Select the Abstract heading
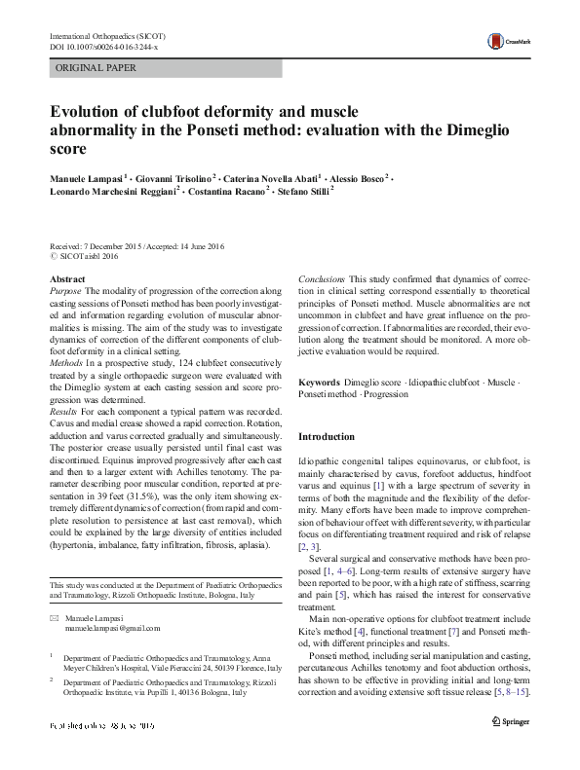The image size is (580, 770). tap(66, 278)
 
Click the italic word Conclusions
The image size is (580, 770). tap(323, 278)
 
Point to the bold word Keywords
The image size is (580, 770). tap(320, 385)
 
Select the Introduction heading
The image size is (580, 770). tap(328, 436)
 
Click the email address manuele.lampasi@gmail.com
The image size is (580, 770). tap(116, 631)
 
